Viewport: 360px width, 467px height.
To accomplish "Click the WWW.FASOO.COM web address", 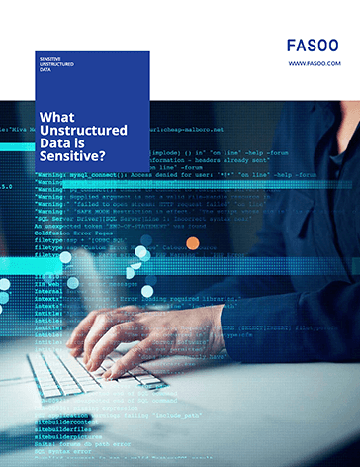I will coord(315,63).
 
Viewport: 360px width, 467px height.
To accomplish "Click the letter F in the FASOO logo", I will coord(291,45).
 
